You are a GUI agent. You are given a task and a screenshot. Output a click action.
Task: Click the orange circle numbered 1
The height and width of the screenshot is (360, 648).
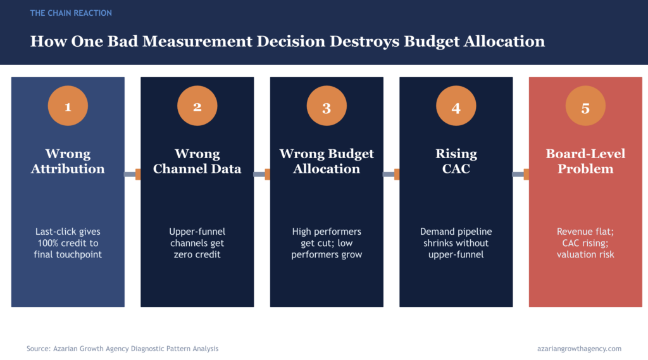coord(68,107)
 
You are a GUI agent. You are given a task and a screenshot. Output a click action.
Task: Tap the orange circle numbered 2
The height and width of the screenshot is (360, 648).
coord(197,107)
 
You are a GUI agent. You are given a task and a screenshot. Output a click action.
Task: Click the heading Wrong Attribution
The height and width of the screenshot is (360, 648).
coord(68,161)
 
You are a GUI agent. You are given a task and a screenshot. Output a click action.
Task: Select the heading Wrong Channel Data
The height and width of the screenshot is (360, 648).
coord(197,161)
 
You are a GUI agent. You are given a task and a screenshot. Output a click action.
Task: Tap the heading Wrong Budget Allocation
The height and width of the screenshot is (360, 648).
coord(327,161)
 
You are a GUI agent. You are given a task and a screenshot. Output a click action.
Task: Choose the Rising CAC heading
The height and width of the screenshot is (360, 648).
coord(456,161)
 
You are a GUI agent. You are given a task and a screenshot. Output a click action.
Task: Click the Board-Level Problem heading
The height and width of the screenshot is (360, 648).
coord(585,161)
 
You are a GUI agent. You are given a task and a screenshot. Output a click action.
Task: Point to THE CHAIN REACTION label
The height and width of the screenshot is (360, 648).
coord(71,13)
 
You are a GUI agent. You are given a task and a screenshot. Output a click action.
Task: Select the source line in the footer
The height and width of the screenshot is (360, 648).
coord(122,349)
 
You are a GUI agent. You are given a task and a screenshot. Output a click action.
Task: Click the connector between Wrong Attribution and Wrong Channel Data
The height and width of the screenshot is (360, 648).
coord(132,174)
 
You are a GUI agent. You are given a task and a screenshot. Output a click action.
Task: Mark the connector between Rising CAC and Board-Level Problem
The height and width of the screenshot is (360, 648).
coord(520,174)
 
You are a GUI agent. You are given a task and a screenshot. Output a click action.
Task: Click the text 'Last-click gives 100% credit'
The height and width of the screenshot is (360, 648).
coord(68,237)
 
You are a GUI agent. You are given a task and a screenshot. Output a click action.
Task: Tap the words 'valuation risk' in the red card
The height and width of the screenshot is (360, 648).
coord(585,254)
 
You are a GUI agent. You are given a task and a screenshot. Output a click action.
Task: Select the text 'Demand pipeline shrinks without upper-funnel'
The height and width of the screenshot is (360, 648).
coord(456,243)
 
